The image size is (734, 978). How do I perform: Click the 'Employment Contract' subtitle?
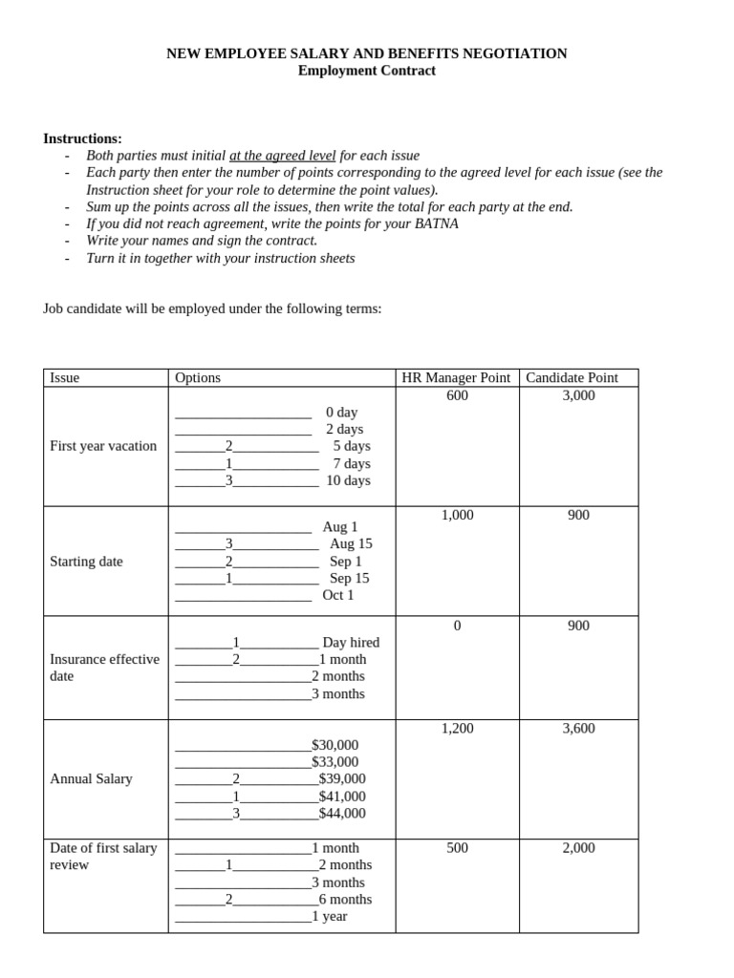pos(366,71)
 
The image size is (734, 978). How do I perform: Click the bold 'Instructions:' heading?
pos(82,138)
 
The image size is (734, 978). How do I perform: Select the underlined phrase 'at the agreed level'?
pos(282,156)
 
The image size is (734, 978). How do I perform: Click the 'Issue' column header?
pos(65,377)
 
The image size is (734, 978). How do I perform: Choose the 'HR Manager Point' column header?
pos(456,377)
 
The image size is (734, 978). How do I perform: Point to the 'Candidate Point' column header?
pos(572,377)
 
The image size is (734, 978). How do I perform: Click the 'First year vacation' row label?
pos(103,446)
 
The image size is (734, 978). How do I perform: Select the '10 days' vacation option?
pos(348,480)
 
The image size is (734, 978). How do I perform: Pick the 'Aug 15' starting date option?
pos(351,543)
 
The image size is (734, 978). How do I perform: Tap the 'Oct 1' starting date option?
pos(338,595)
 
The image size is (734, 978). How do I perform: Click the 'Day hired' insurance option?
pos(351,643)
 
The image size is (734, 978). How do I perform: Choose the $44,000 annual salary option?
pos(342,814)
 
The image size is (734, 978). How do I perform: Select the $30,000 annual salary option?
pos(335,745)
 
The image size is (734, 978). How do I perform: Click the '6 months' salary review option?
pos(345,899)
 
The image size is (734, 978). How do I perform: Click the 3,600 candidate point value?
pos(578,728)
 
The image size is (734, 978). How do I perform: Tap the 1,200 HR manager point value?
pos(457,728)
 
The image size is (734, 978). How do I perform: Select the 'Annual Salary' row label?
pos(91,779)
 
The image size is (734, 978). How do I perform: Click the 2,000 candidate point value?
pos(578,847)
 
